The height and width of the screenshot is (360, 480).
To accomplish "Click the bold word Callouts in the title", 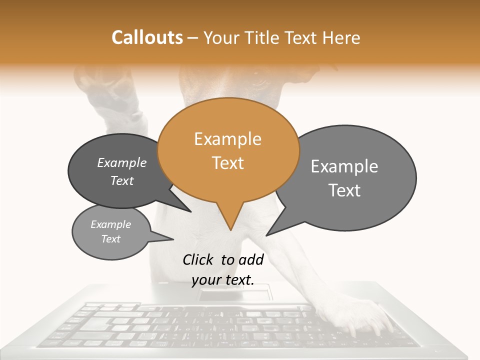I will tap(147, 37).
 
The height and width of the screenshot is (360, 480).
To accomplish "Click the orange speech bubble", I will tap(228, 150).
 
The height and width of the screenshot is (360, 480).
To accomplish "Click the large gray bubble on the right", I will tap(350, 177).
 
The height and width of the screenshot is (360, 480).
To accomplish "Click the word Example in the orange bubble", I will tap(227, 139).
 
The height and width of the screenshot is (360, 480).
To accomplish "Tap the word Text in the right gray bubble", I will tap(344, 190).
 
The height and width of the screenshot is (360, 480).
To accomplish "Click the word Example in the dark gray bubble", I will tap(122, 163).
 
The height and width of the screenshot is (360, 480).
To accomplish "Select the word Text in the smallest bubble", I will tap(111, 239).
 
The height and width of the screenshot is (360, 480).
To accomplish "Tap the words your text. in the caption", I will tap(223, 280).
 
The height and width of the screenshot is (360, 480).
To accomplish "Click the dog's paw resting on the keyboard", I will tap(367, 315).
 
